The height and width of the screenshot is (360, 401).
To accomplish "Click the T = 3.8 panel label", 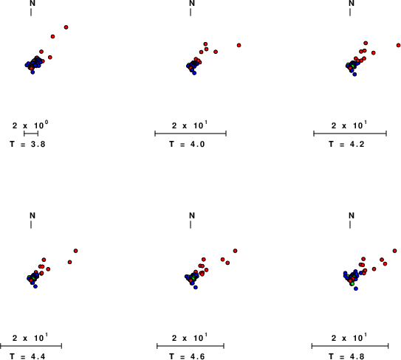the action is pyautogui.click(x=27, y=145).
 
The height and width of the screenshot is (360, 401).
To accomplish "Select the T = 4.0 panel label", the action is pyautogui.click(x=187, y=145).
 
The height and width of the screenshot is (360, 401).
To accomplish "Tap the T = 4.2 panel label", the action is pyautogui.click(x=346, y=145).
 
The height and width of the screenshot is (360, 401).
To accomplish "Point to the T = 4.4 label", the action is pyautogui.click(x=27, y=356).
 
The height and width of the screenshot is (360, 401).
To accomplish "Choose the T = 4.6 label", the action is pyautogui.click(x=187, y=356).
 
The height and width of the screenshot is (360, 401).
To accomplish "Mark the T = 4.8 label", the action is pyautogui.click(x=346, y=356).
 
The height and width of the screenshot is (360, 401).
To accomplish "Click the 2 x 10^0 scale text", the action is pyautogui.click(x=30, y=125).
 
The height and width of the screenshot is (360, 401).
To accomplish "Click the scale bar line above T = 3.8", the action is pyautogui.click(x=31, y=134).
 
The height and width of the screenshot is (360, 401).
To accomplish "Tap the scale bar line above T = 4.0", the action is pyautogui.click(x=191, y=134).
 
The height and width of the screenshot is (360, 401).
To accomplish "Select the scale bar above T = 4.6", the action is pyautogui.click(x=191, y=346).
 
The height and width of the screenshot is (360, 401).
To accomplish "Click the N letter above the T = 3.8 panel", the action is pyautogui.click(x=32, y=4).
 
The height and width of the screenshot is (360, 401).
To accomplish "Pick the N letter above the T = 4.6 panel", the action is pyautogui.click(x=192, y=215).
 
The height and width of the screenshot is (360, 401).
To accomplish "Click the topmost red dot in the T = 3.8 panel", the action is pyautogui.click(x=66, y=27).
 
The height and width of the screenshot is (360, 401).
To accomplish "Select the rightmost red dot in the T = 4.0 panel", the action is pyautogui.click(x=239, y=45).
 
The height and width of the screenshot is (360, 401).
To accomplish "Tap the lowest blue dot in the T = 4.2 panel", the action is pyautogui.click(x=354, y=75).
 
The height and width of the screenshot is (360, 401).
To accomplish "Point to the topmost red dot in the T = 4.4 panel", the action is pyautogui.click(x=76, y=251).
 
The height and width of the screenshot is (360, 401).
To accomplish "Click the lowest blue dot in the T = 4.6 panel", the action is pyautogui.click(x=196, y=288).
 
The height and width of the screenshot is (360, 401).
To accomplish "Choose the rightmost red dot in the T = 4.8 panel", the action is pyautogui.click(x=394, y=251).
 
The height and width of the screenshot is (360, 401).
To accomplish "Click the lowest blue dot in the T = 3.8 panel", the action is pyautogui.click(x=32, y=72).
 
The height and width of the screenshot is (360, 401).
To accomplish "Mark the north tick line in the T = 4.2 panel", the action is pyautogui.click(x=350, y=12).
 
